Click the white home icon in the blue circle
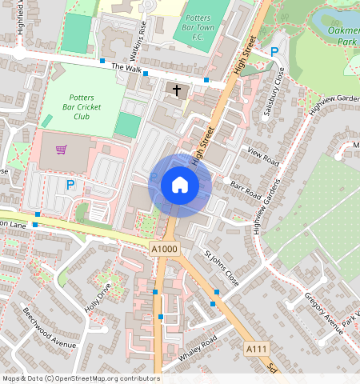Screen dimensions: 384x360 coord(180,185)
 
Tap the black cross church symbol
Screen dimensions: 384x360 coord(177,90)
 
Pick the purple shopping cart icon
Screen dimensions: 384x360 coord(61,149)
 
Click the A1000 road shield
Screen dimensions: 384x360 coord(164,250)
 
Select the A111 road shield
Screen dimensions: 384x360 coord(256,349)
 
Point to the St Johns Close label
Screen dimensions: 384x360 coord(221,270)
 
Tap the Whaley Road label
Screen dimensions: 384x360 coord(198,353)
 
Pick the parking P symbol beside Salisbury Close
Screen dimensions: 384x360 coord(274,52)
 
